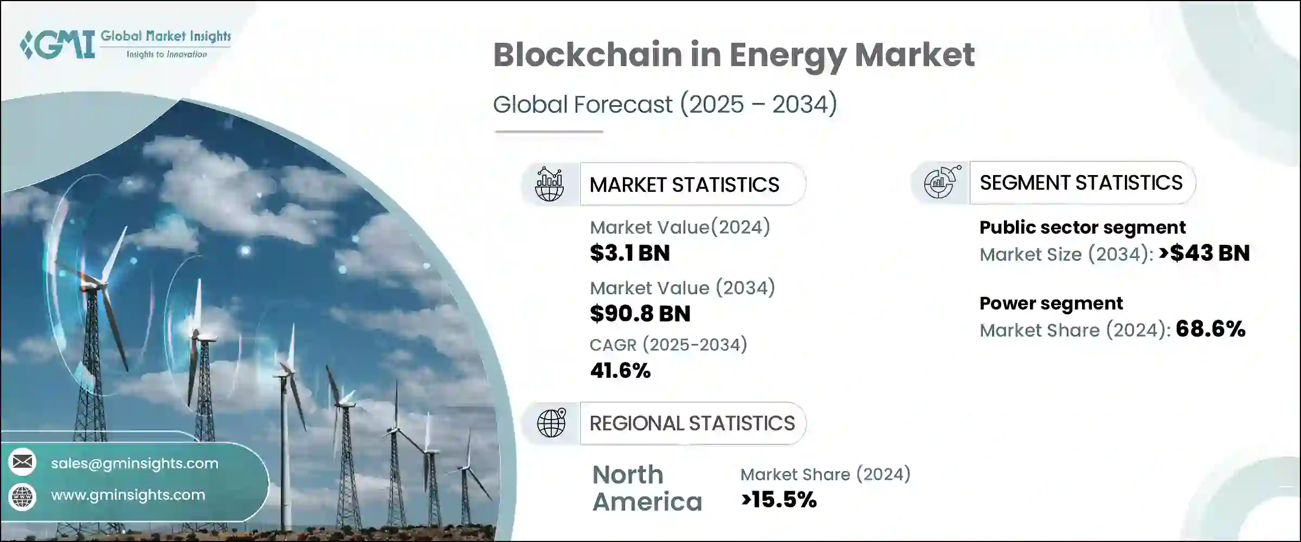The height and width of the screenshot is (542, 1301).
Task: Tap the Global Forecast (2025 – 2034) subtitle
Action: point(665,104)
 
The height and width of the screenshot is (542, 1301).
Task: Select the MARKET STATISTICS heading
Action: point(684,185)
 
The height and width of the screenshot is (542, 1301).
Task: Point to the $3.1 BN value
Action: point(629,253)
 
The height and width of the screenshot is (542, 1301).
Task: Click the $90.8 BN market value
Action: point(640,314)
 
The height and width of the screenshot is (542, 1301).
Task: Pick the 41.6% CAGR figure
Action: point(620,371)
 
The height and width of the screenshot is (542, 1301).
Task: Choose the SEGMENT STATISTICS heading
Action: point(1081,183)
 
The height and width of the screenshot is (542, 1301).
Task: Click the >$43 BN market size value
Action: point(1204,253)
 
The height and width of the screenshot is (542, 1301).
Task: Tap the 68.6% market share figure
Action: point(1210,329)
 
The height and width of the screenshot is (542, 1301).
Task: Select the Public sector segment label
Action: point(1082,227)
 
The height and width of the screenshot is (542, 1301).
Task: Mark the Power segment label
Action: point(1051,303)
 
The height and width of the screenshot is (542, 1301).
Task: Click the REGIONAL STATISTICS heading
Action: point(692,423)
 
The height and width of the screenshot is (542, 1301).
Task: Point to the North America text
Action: point(647,488)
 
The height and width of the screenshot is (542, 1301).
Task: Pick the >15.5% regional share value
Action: point(778,500)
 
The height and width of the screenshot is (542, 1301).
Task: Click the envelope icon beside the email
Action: point(23,462)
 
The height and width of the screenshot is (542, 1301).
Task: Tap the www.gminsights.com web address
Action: point(128,495)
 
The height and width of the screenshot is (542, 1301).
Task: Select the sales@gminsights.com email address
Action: point(134,463)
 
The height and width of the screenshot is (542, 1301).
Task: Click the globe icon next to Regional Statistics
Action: point(551,423)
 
